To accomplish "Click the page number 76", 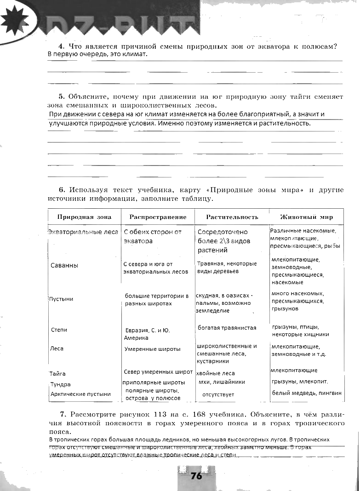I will [x=196, y=476].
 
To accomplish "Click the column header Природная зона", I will [x=81, y=217].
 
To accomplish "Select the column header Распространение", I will [x=158, y=217].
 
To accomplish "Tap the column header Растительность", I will [x=232, y=217].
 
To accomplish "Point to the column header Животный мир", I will [x=307, y=217].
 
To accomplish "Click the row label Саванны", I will [x=64, y=266].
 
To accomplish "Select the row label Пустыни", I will [x=61, y=299].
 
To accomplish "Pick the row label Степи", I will [x=59, y=330].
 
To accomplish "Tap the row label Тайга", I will [x=58, y=374].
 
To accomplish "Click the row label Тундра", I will [x=61, y=384].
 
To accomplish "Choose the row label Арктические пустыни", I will [x=80, y=394].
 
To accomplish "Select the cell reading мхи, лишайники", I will [x=221, y=382].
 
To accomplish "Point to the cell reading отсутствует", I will [x=218, y=394].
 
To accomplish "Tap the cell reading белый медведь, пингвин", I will [x=307, y=393].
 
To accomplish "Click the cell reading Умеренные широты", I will [x=152, y=349].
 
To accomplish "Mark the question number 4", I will [x=61, y=46].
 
